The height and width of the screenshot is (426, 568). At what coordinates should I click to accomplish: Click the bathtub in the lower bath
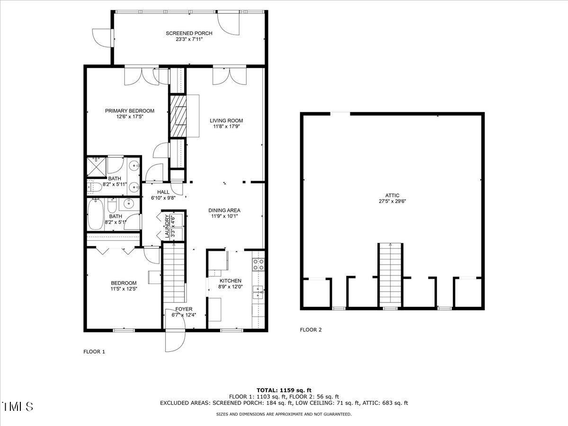click(95, 214)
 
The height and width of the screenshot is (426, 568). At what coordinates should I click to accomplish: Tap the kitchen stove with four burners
click(258, 264)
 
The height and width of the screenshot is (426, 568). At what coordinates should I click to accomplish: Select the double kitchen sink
click(258, 292)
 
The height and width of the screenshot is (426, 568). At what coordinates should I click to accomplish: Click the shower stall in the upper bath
click(97, 167)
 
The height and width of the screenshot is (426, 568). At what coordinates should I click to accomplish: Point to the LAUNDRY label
click(167, 226)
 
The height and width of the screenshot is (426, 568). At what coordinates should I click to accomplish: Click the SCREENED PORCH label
click(189, 33)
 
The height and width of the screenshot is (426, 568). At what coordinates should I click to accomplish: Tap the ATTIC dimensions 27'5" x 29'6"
click(392, 201)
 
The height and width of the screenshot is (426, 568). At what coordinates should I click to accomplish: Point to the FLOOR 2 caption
click(311, 330)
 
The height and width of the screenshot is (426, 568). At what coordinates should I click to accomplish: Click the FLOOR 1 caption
click(94, 352)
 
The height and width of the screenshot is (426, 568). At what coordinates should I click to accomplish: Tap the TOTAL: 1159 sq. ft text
click(284, 390)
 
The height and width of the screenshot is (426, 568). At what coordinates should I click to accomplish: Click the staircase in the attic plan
click(390, 275)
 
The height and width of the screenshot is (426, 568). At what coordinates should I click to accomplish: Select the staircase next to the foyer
click(173, 275)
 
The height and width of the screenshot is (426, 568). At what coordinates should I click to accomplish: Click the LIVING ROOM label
click(226, 121)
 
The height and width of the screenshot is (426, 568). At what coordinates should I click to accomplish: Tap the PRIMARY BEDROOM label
click(130, 111)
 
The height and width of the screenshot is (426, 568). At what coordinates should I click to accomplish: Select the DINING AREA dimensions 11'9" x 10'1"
click(224, 216)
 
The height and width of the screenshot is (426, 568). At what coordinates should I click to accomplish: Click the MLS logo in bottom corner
click(18, 406)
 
